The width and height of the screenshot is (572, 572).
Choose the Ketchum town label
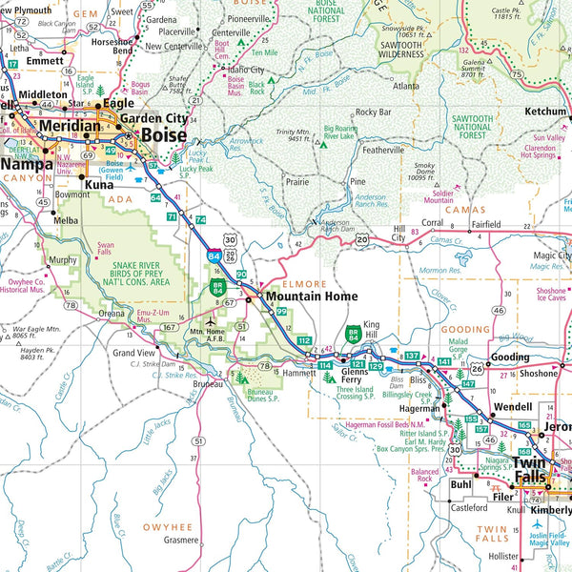point(543,112)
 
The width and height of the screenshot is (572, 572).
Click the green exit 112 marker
point(304,340)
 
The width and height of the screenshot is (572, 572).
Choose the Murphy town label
point(62,259)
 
